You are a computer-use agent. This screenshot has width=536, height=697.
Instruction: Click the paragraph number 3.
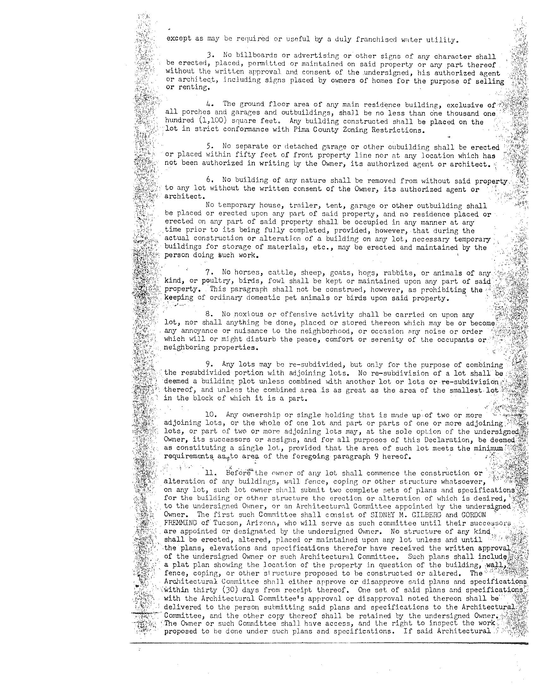tap(210, 57)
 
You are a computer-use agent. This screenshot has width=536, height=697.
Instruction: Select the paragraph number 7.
tap(209, 273)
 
